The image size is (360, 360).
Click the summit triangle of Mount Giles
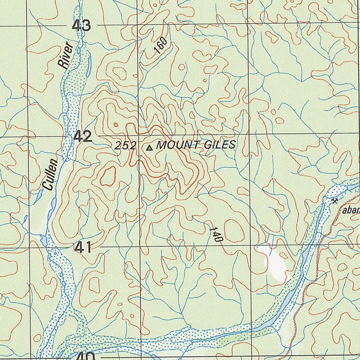pyautogui.click(x=149, y=148)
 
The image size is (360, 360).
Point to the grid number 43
pyautogui.click(x=82, y=26)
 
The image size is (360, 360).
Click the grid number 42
pyautogui.click(x=83, y=136)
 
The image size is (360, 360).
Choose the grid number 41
pyautogui.click(x=83, y=247)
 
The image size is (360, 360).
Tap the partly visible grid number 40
pyautogui.click(x=85, y=356)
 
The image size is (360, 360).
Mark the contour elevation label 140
pyautogui.click(x=216, y=234)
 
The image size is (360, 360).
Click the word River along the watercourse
pyautogui.click(x=66, y=55)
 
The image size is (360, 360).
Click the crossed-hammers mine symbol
pyautogui.click(x=334, y=201)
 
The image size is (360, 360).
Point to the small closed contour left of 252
pyautogui.click(x=116, y=124)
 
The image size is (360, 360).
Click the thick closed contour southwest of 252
pyautogui.click(x=108, y=176)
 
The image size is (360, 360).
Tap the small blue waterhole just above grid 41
pyautogui.click(x=44, y=241)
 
